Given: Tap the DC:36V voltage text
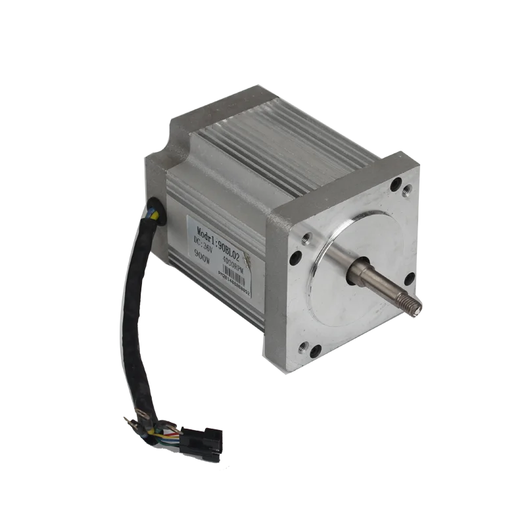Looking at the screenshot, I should [x=204, y=249].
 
